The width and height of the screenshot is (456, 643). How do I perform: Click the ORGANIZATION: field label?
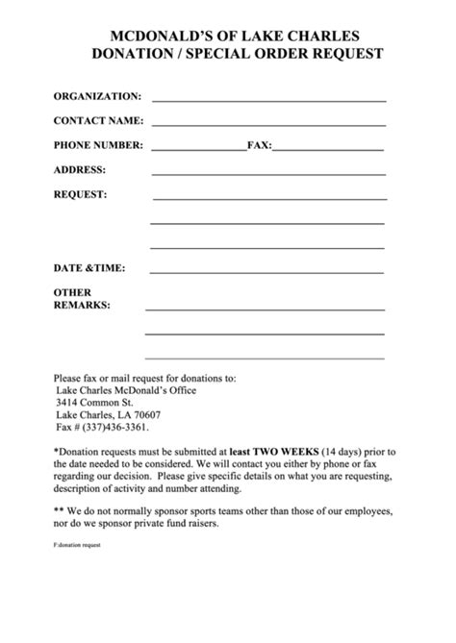click(97, 96)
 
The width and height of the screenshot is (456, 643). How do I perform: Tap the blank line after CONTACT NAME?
click(268, 122)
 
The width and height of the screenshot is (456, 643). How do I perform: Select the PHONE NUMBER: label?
click(98, 146)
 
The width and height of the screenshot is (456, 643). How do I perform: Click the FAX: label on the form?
click(260, 146)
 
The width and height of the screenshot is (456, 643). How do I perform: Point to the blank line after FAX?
click(328, 148)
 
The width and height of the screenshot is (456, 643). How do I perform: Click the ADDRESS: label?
click(80, 170)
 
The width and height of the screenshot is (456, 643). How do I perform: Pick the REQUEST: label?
click(80, 194)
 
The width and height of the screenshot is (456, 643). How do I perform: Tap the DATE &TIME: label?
click(89, 268)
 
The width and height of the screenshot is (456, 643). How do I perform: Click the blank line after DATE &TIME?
click(268, 270)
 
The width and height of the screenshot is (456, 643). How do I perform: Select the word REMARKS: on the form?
click(82, 305)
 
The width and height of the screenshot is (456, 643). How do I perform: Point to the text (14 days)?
click(345, 450)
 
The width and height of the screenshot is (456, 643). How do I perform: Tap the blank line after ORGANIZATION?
click(268, 99)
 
